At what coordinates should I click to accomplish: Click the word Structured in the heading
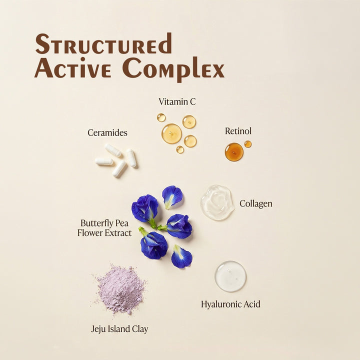click(x=103, y=43)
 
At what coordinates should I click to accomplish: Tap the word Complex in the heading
click(x=173, y=68)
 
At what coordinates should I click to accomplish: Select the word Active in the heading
click(x=73, y=67)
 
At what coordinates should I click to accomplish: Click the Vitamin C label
click(x=177, y=101)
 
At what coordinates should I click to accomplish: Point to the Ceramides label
click(x=107, y=132)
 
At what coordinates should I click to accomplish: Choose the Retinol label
click(x=238, y=131)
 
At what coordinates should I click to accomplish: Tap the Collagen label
click(x=256, y=203)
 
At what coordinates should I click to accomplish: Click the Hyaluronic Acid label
click(x=230, y=304)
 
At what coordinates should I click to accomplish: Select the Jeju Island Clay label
click(x=119, y=329)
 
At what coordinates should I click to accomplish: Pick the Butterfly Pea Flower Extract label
click(x=104, y=228)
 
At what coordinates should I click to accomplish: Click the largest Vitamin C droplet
click(x=171, y=133)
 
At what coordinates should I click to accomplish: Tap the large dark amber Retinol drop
click(x=234, y=152)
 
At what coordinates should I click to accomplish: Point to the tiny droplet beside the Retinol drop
click(x=247, y=144)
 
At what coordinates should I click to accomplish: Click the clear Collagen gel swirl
click(x=216, y=202)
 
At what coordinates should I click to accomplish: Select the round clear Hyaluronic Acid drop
click(x=230, y=276)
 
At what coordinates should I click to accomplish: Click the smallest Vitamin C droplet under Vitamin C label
click(x=180, y=149)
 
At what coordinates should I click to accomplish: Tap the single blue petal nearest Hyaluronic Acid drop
click(x=181, y=256)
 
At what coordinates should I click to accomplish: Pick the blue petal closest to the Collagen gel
click(x=172, y=197)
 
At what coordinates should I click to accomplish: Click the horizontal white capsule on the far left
click(x=104, y=161)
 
